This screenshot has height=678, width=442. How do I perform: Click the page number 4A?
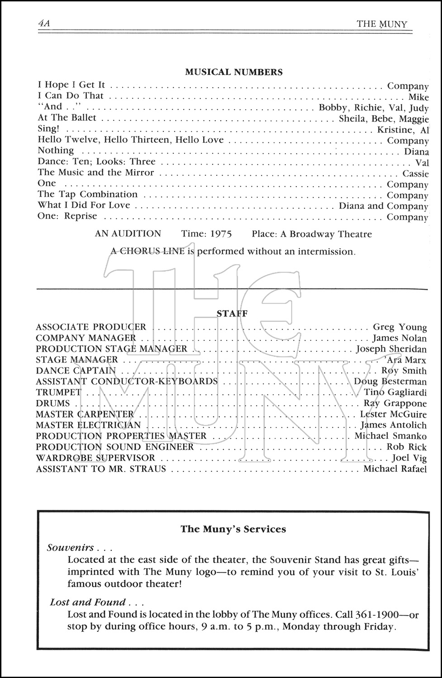point(44,24)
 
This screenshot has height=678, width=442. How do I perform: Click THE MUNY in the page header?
point(381,24)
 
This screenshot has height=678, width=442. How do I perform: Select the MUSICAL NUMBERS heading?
point(234,72)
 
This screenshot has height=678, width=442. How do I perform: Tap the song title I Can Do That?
point(71,96)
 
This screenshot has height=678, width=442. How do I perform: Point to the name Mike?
point(418,97)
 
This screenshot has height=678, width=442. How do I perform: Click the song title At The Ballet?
point(67,118)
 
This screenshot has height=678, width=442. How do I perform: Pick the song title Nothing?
point(56,151)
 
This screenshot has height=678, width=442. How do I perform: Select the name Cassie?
point(415,174)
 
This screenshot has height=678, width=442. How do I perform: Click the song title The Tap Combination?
point(87,194)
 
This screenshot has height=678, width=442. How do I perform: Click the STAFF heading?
point(232,313)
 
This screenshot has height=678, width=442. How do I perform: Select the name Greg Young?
point(399,327)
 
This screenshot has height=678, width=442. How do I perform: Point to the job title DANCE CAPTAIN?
point(76,371)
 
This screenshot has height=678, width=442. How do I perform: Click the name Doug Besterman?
point(390,382)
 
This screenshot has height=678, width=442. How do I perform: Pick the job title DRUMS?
point(53,403)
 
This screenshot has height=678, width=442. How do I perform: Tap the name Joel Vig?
point(409,458)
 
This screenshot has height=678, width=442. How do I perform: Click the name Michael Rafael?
point(395,469)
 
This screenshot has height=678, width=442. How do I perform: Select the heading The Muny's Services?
point(233,529)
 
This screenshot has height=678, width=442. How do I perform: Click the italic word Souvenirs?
point(71,548)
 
